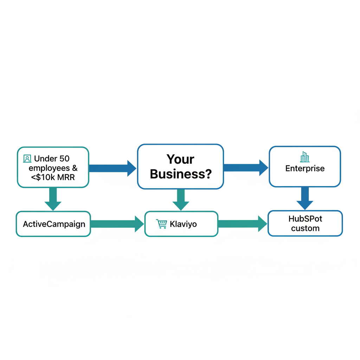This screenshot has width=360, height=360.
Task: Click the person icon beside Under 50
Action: click(27, 159)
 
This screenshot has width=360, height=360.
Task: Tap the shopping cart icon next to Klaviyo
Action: click(161, 224)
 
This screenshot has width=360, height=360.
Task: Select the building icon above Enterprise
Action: click(304, 157)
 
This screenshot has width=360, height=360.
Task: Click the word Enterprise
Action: click(305, 168)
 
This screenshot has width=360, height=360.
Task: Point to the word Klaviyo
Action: click(183, 224)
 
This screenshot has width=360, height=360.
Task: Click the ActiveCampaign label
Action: click(54, 224)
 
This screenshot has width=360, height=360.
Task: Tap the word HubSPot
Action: click(305, 219)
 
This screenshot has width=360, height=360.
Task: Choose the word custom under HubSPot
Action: click(305, 228)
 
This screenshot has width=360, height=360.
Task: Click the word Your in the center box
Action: click(180, 159)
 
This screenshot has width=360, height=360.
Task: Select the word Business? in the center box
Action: click(180, 174)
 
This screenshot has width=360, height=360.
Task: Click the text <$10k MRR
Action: click(53, 177)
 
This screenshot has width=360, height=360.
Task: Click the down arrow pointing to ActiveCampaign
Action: click(53, 199)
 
